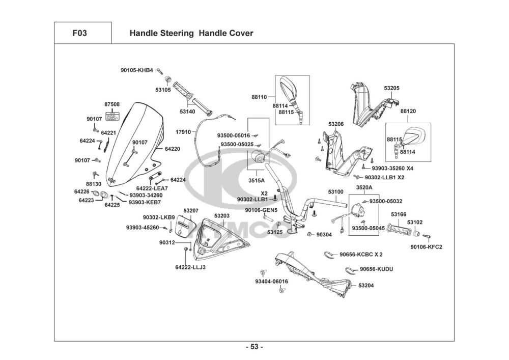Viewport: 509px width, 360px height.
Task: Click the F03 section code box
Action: point(83,34)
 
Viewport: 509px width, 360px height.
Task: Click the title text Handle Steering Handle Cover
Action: point(191,34)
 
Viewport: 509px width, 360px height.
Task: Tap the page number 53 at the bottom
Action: point(254,347)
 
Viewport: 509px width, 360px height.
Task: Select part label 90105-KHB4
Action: point(136,70)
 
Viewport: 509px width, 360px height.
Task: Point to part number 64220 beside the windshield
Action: point(173,149)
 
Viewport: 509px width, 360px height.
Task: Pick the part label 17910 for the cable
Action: point(183,132)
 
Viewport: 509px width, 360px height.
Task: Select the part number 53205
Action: point(391,88)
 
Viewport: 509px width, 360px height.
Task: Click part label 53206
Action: point(336,124)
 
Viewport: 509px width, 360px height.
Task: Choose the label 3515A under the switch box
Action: point(257,180)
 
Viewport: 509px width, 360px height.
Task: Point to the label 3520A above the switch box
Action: point(364,187)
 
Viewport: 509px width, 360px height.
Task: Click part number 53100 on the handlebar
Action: point(335,192)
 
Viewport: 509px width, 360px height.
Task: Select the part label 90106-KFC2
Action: point(426,247)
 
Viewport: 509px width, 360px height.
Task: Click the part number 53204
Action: point(366,286)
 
